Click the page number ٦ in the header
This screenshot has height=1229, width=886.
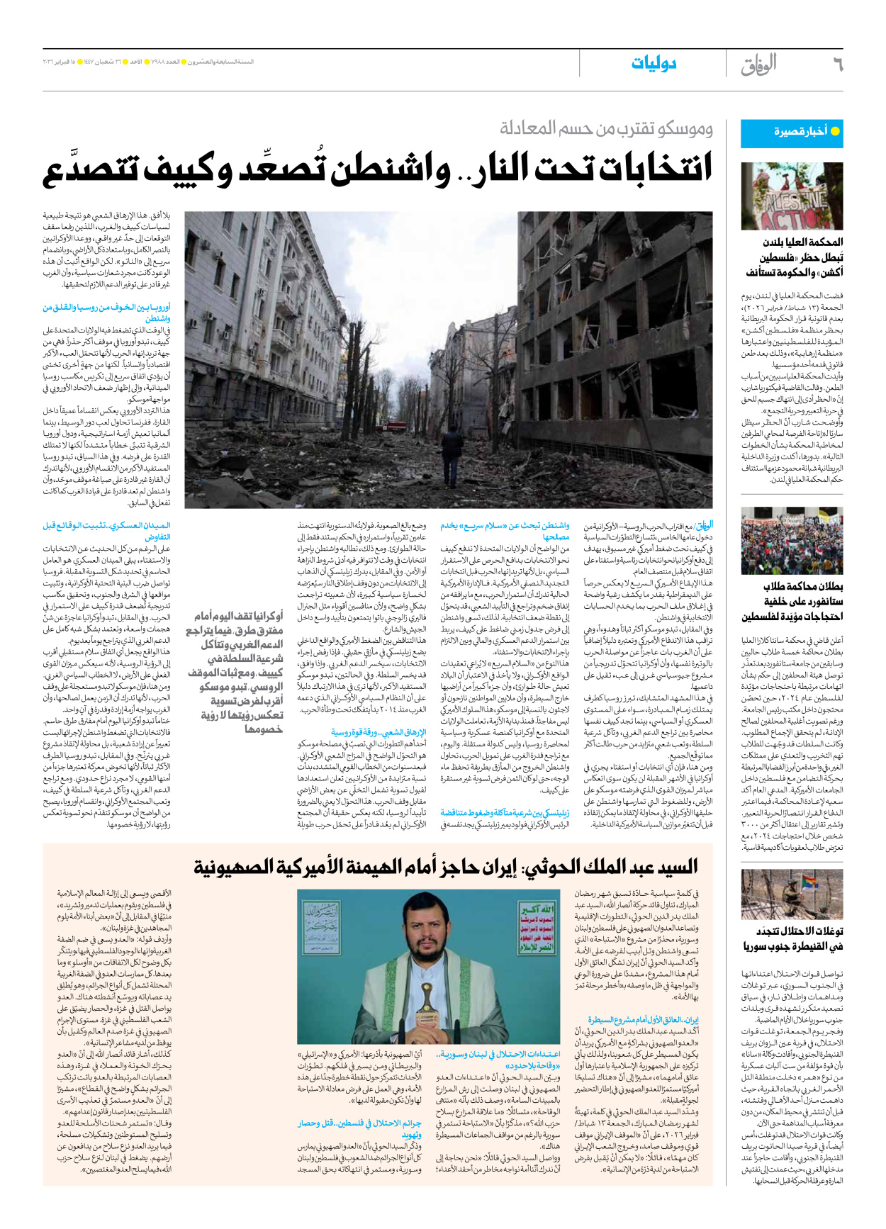coord(837,64)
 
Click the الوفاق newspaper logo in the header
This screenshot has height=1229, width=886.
coord(758,64)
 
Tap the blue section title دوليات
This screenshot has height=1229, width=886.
coord(654,64)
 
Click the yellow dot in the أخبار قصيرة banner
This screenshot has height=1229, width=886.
coord(835,131)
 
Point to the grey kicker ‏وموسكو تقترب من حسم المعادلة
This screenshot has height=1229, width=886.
coord(606,128)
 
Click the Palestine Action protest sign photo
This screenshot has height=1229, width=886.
coord(792,196)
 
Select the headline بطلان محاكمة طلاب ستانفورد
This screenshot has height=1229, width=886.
coord(792,601)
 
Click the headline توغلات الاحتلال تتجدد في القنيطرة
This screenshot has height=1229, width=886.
coord(792,938)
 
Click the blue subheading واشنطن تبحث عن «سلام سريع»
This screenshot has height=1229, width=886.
coord(505,531)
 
